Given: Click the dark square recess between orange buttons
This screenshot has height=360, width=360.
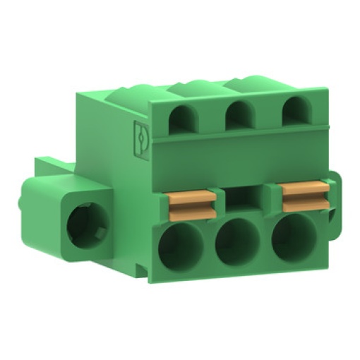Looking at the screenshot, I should pos(244,197).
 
